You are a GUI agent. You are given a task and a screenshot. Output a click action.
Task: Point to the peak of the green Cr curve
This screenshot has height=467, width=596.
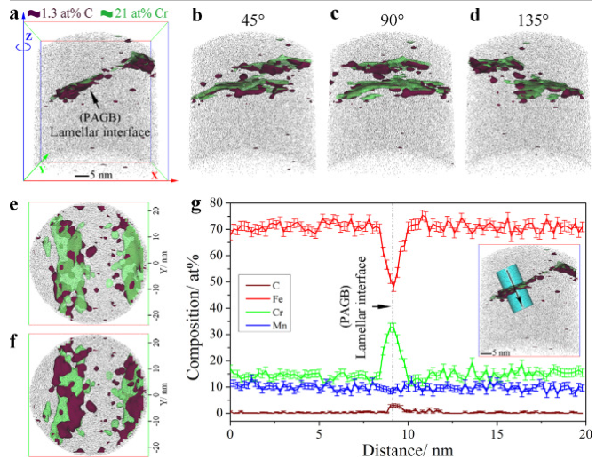pyautogui.click(x=393, y=323)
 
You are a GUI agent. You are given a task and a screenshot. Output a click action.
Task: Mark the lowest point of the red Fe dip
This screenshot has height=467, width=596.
pyautogui.click(x=393, y=286)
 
